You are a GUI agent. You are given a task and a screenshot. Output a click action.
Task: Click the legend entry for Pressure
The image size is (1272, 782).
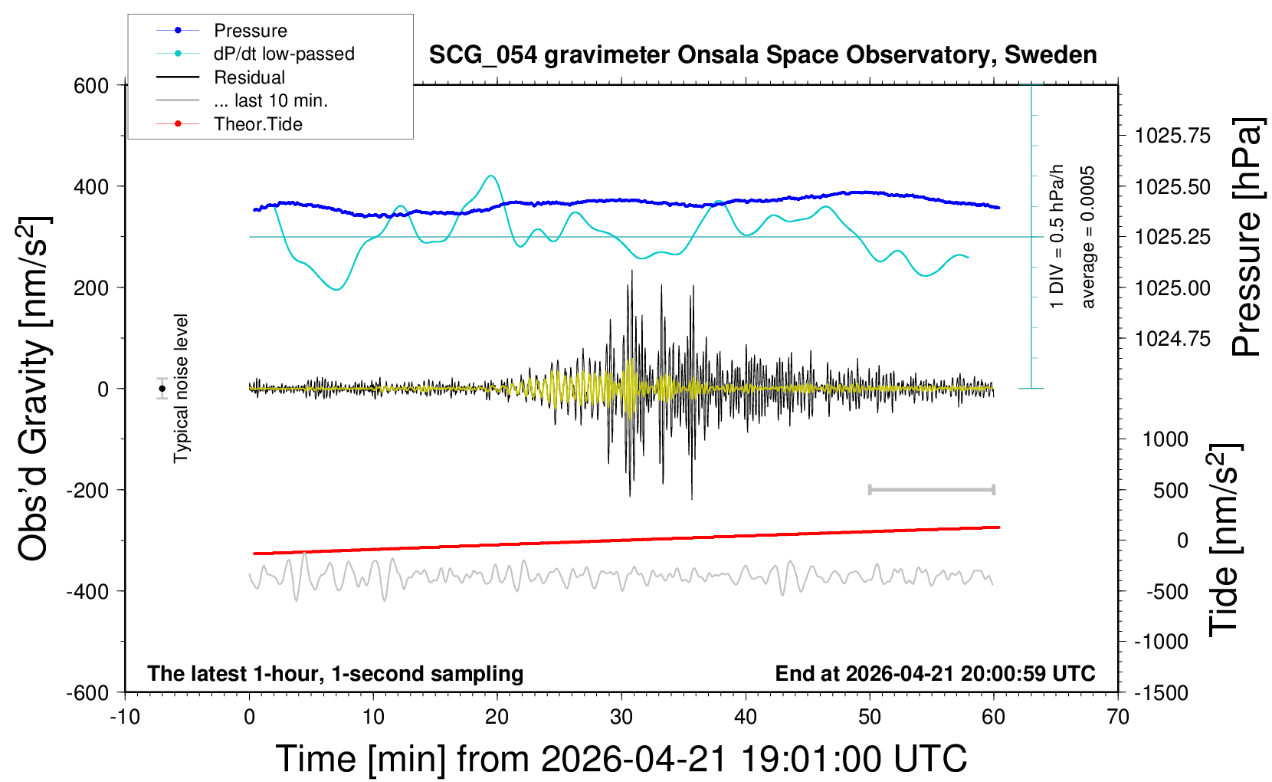pyautogui.click(x=250, y=31)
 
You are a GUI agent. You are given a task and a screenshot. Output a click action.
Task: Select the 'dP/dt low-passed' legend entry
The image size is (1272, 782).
pyautogui.click(x=284, y=54)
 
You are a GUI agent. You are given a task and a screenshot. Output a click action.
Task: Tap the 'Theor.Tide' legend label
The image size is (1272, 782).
pyautogui.click(x=257, y=124)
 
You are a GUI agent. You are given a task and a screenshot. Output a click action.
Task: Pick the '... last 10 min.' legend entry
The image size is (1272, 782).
pyautogui.click(x=270, y=100)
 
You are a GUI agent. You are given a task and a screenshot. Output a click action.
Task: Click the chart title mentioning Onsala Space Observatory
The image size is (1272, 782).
pyautogui.click(x=762, y=55)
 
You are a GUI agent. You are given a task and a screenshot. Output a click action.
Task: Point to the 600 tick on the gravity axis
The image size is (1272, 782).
pyautogui.click(x=91, y=86)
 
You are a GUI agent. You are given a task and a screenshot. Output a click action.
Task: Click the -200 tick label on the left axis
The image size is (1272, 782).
pyautogui.click(x=87, y=490)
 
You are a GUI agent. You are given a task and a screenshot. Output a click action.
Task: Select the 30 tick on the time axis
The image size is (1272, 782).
pyautogui.click(x=621, y=718)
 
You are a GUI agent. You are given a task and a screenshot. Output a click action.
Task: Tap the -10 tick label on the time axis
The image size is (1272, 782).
pyautogui.click(x=125, y=718)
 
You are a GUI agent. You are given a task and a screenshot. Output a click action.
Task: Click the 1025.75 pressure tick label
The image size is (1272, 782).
pyautogui.click(x=1172, y=136)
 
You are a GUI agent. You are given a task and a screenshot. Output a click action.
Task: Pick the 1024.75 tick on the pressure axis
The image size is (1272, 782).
pyautogui.click(x=1172, y=339)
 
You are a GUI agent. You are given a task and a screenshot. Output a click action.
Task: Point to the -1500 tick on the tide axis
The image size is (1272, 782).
pyautogui.click(x=1162, y=693)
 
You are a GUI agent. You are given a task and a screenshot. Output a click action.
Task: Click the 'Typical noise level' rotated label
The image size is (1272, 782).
pyautogui.click(x=181, y=388)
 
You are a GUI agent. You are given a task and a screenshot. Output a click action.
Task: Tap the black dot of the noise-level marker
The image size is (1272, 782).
pyautogui.click(x=162, y=389)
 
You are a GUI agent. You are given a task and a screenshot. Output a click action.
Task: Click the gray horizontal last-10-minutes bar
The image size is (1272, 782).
pyautogui.click(x=931, y=489)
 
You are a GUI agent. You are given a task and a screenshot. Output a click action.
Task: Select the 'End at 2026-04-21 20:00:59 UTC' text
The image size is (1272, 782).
pyautogui.click(x=935, y=674)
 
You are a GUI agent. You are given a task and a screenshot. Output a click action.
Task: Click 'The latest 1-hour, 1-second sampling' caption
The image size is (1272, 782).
pyautogui.click(x=336, y=674)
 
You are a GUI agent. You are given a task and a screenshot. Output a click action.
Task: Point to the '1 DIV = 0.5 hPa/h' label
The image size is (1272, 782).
pyautogui.click(x=1057, y=236)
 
